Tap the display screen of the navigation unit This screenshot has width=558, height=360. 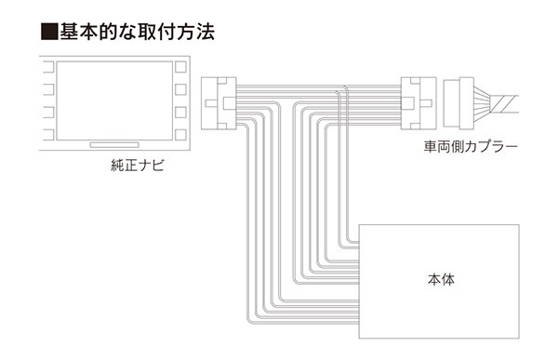coord(113,100)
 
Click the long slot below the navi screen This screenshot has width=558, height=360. coord(114,145)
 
